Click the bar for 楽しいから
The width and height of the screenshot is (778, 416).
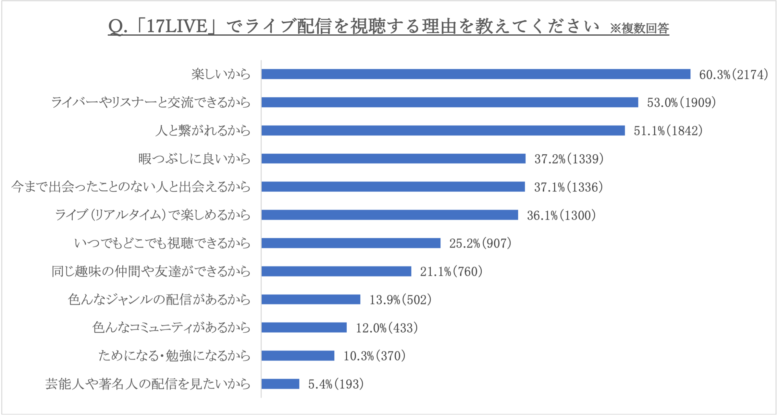[x=475, y=74]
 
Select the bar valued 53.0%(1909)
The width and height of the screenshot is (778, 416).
[x=450, y=102]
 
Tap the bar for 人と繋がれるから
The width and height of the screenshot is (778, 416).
[x=443, y=131]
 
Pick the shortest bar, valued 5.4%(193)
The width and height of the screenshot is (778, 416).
[x=280, y=384]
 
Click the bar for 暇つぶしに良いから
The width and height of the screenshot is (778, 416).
[x=393, y=159]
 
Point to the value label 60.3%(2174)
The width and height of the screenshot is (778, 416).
[x=733, y=75]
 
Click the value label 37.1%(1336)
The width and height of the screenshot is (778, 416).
[x=568, y=187]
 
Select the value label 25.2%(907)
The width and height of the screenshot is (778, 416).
[x=480, y=244]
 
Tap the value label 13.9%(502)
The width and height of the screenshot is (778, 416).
[x=400, y=300]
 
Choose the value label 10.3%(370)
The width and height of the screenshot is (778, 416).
[x=374, y=356]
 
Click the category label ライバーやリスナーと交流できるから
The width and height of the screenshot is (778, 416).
[x=151, y=103]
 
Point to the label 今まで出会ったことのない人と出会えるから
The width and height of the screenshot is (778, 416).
[x=131, y=187]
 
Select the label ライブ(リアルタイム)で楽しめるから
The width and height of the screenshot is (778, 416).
[x=153, y=215]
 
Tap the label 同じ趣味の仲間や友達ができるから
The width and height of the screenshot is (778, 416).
[x=151, y=272]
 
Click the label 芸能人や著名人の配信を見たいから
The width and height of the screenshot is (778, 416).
[x=148, y=384]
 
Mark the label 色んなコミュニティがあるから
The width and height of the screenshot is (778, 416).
[x=171, y=328]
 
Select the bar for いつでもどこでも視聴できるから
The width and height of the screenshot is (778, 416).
[x=351, y=243]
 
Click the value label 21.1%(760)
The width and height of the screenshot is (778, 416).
[x=451, y=272]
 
